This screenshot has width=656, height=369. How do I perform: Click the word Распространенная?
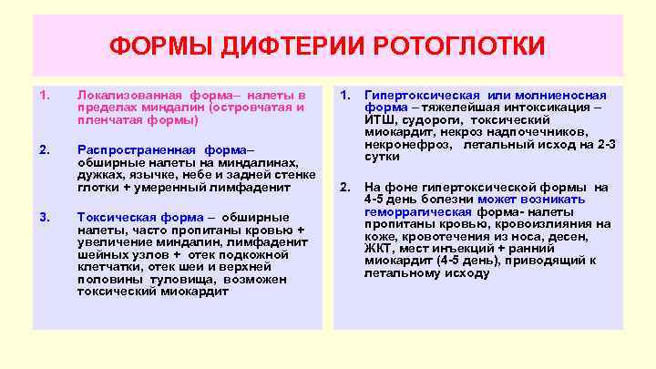point(135,149)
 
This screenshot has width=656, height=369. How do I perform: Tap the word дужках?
point(97,175)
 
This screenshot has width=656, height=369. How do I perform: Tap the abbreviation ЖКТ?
point(376,248)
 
